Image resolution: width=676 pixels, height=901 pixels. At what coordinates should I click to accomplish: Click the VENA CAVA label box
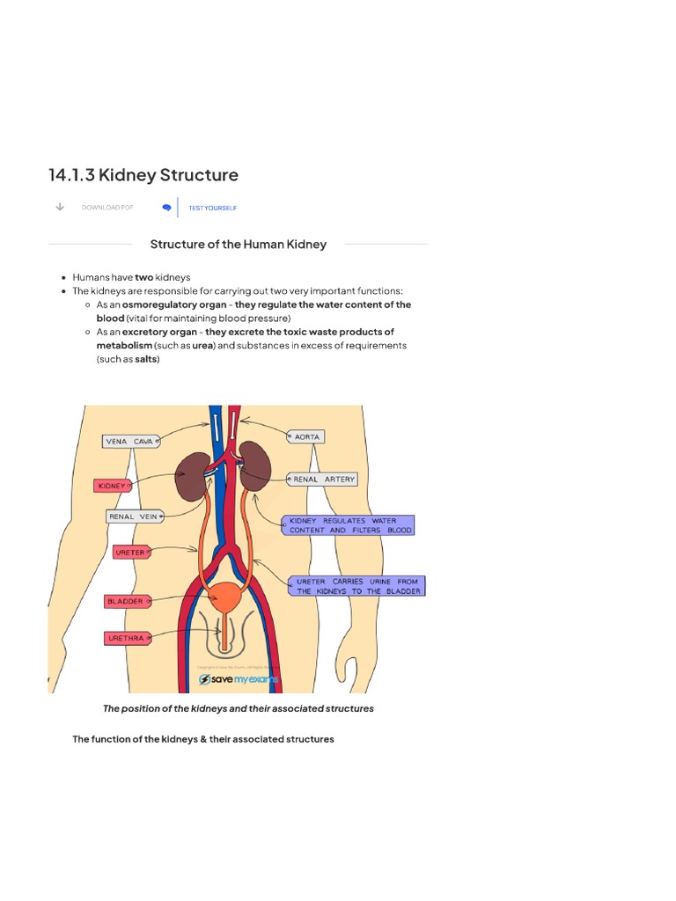tap(129, 441)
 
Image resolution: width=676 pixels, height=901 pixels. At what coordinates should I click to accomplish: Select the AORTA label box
tap(306, 436)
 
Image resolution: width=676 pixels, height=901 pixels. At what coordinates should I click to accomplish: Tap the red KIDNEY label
tap(112, 485)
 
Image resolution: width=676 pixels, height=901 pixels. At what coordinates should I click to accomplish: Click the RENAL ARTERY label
tap(323, 480)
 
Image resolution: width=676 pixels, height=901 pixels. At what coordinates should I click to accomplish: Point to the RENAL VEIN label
tap(133, 516)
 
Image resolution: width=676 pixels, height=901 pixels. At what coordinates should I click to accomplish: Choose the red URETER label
tap(131, 552)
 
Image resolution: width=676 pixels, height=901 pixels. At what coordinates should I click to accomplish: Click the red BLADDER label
tap(124, 601)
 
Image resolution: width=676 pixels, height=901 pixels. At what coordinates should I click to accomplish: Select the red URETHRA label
tap(125, 638)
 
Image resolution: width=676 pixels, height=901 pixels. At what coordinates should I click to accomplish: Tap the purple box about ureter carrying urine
tap(356, 586)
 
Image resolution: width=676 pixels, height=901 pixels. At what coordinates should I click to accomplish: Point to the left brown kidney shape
tap(192, 477)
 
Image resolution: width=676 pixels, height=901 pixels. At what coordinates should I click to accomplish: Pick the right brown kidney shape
tap(256, 466)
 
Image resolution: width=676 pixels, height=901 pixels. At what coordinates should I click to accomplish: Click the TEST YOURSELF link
tap(212, 208)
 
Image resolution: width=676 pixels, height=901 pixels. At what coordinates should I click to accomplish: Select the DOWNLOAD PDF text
tap(107, 208)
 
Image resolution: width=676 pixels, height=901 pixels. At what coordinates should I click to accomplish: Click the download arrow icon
tap(59, 207)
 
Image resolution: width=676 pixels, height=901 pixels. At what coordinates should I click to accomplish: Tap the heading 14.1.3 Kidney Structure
tap(143, 175)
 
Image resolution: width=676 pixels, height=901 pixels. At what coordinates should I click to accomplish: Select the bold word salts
tap(146, 359)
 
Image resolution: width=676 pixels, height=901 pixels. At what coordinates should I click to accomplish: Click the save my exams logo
tap(239, 680)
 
